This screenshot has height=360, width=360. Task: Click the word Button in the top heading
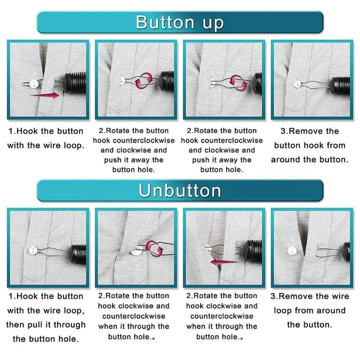click(x=165, y=22)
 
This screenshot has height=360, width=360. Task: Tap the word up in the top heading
click(x=213, y=24)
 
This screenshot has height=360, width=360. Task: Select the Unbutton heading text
click(x=180, y=190)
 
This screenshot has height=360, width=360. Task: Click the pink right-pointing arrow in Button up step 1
click(x=45, y=95)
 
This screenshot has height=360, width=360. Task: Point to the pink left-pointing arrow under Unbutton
click(x=224, y=261)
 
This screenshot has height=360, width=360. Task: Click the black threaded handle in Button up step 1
click(x=75, y=83)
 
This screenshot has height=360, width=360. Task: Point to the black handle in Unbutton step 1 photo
click(x=78, y=254)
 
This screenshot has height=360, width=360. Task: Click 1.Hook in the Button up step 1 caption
click(x=23, y=131)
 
